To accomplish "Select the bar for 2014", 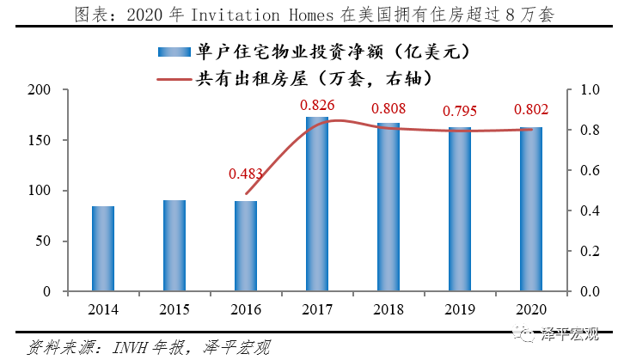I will [x=103, y=249].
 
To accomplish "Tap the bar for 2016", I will [x=246, y=247].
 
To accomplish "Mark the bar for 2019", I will [x=460, y=210].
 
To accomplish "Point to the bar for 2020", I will [x=531, y=210].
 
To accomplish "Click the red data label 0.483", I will [x=246, y=173].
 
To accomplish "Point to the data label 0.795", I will [x=460, y=111].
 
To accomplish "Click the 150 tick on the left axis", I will [x=41, y=140].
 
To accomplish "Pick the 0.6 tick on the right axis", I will [x=587, y=170].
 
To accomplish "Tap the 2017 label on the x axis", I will [x=317, y=309].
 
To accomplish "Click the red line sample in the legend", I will [x=174, y=78].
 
